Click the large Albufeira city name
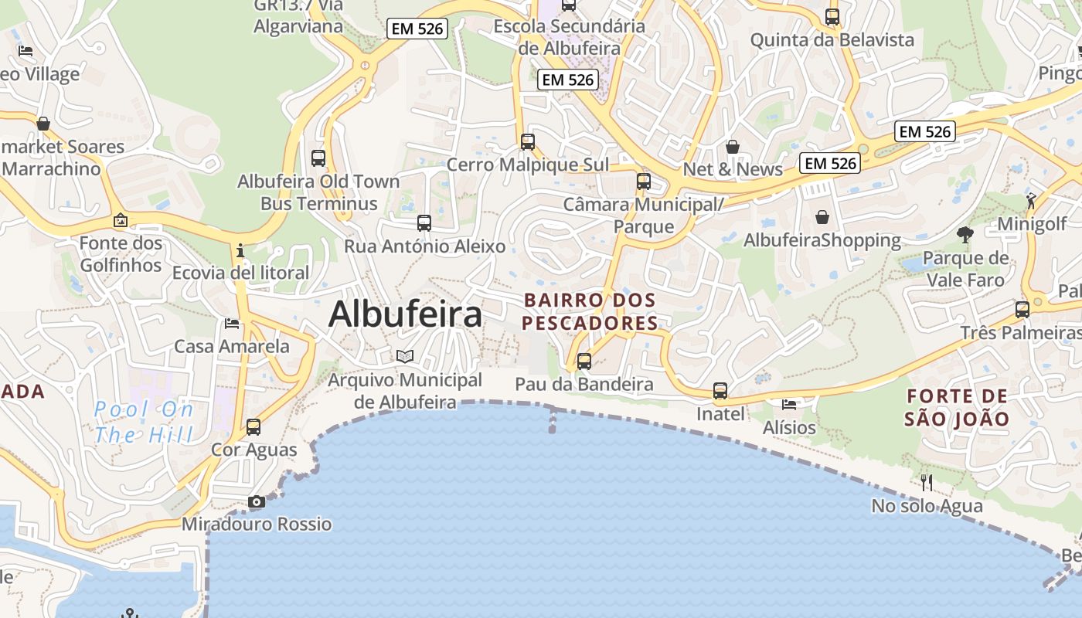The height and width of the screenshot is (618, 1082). click(x=405, y=314)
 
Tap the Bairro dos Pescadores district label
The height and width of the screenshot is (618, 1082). click(x=590, y=311)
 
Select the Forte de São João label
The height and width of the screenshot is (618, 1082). click(x=958, y=408)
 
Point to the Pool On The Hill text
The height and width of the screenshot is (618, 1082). click(x=143, y=422)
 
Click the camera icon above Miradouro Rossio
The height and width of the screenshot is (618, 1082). click(x=257, y=502)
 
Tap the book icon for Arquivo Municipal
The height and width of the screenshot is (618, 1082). click(x=405, y=356)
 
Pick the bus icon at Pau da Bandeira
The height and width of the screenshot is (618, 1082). click(x=584, y=361)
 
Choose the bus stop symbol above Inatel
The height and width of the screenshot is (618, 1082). click(x=720, y=391)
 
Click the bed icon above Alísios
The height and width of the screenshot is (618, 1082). click(x=789, y=404)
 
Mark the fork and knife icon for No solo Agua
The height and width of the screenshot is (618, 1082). click(x=927, y=483)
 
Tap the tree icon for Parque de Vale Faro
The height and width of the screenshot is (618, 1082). click(x=965, y=234)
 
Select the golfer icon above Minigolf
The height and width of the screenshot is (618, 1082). click(x=1031, y=201)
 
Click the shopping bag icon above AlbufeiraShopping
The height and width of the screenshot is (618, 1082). click(x=822, y=217)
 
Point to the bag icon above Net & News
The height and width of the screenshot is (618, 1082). click(x=733, y=146)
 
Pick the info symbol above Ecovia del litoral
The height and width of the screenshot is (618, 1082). click(x=240, y=250)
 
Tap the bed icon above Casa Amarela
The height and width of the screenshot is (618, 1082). click(x=231, y=323)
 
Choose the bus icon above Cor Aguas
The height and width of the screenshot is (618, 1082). click(x=253, y=426)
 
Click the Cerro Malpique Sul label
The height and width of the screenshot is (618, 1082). click(x=528, y=165)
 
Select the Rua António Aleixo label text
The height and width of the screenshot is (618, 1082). click(x=424, y=246)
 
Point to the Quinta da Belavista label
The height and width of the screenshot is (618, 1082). click(x=832, y=39)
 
